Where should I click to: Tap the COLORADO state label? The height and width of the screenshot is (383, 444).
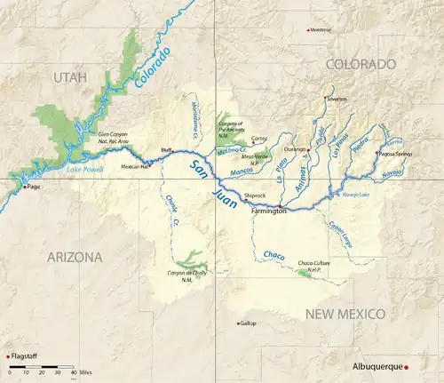360,64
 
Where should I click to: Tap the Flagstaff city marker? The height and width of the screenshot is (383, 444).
8,356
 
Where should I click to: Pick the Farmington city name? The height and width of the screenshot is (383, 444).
269,211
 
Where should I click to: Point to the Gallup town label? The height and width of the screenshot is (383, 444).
248,323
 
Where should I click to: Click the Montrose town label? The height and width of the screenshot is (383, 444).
321,29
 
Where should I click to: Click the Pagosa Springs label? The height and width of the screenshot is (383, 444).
397,153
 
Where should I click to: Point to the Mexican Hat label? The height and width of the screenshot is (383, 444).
135,166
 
